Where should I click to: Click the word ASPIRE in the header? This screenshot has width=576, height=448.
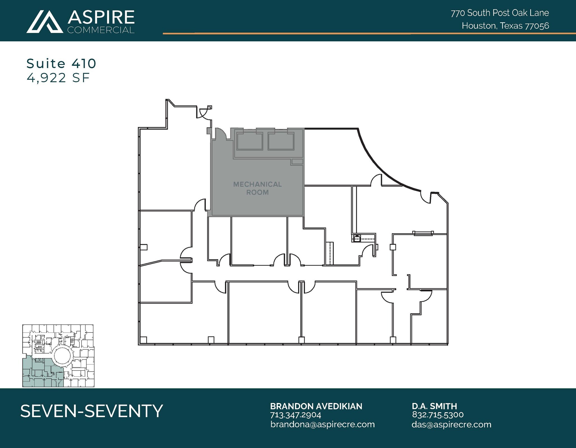[x=101, y=17]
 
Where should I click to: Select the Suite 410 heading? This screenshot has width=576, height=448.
[x=61, y=64]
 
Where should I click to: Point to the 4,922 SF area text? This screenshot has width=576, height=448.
[x=58, y=78]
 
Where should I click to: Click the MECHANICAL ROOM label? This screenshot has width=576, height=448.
[x=257, y=188]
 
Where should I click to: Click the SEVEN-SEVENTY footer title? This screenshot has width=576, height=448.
[x=92, y=411]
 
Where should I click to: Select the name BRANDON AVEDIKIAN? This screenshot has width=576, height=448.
[x=316, y=406]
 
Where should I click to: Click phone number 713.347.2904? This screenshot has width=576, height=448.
[x=296, y=415]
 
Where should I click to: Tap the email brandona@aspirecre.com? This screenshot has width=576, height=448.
[x=322, y=424]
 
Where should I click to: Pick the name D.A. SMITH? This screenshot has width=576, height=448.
[x=434, y=406]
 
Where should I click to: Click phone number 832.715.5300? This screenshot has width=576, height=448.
[x=438, y=415]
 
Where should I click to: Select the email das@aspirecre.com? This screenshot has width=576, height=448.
[x=451, y=424]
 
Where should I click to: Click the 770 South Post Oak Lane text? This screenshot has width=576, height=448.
[x=500, y=13]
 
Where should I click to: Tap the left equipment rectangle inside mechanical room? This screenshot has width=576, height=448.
[x=249, y=141]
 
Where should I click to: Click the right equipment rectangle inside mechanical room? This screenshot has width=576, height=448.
[x=281, y=141]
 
